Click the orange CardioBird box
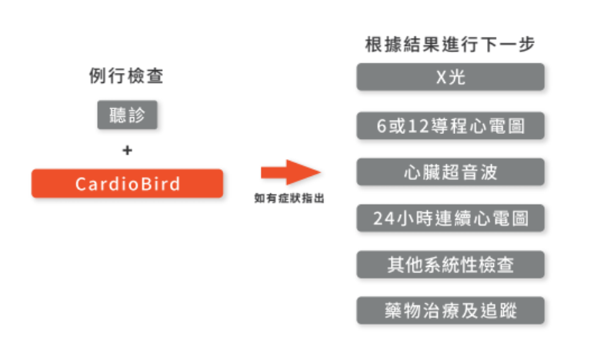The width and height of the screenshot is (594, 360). click(x=127, y=184)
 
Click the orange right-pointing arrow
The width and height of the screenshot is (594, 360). click(x=289, y=172)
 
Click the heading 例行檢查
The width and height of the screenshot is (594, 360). click(x=127, y=77)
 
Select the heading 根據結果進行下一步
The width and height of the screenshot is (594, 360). click(x=450, y=44)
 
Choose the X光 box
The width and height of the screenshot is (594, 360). click(x=450, y=78)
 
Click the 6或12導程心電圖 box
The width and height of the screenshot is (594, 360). click(x=450, y=125)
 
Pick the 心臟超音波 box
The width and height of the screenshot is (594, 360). click(x=450, y=172)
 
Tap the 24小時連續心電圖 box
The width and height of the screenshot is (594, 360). click(x=450, y=218)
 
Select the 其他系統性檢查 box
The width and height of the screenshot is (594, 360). click(x=450, y=265)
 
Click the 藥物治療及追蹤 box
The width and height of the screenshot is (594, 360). click(x=450, y=311)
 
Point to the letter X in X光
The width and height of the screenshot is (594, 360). click(x=440, y=78)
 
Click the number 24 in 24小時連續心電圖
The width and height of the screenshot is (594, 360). click(x=382, y=218)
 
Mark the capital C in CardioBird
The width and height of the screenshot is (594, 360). click(x=81, y=184)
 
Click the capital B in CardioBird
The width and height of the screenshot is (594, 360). click(x=144, y=184)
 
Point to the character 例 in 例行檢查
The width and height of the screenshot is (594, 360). click(x=97, y=77)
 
